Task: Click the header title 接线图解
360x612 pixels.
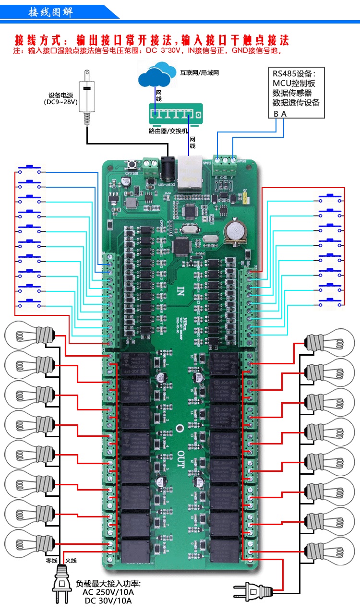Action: pyautogui.click(x=50, y=12)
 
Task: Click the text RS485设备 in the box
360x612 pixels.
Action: pyautogui.click(x=294, y=74)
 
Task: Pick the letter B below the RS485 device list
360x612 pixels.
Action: pyautogui.click(x=276, y=114)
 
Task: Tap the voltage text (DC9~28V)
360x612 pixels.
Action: pyautogui.click(x=61, y=102)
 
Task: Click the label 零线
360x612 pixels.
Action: pyautogui.click(x=51, y=560)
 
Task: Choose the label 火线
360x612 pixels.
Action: pyautogui.click(x=71, y=560)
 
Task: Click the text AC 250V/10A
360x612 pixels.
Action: pyautogui.click(x=108, y=592)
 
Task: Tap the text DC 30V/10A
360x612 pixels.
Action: pyautogui.click(x=108, y=601)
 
